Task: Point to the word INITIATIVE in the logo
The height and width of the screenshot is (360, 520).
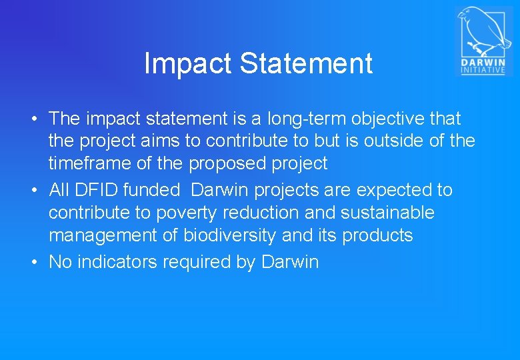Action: click(482, 70)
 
